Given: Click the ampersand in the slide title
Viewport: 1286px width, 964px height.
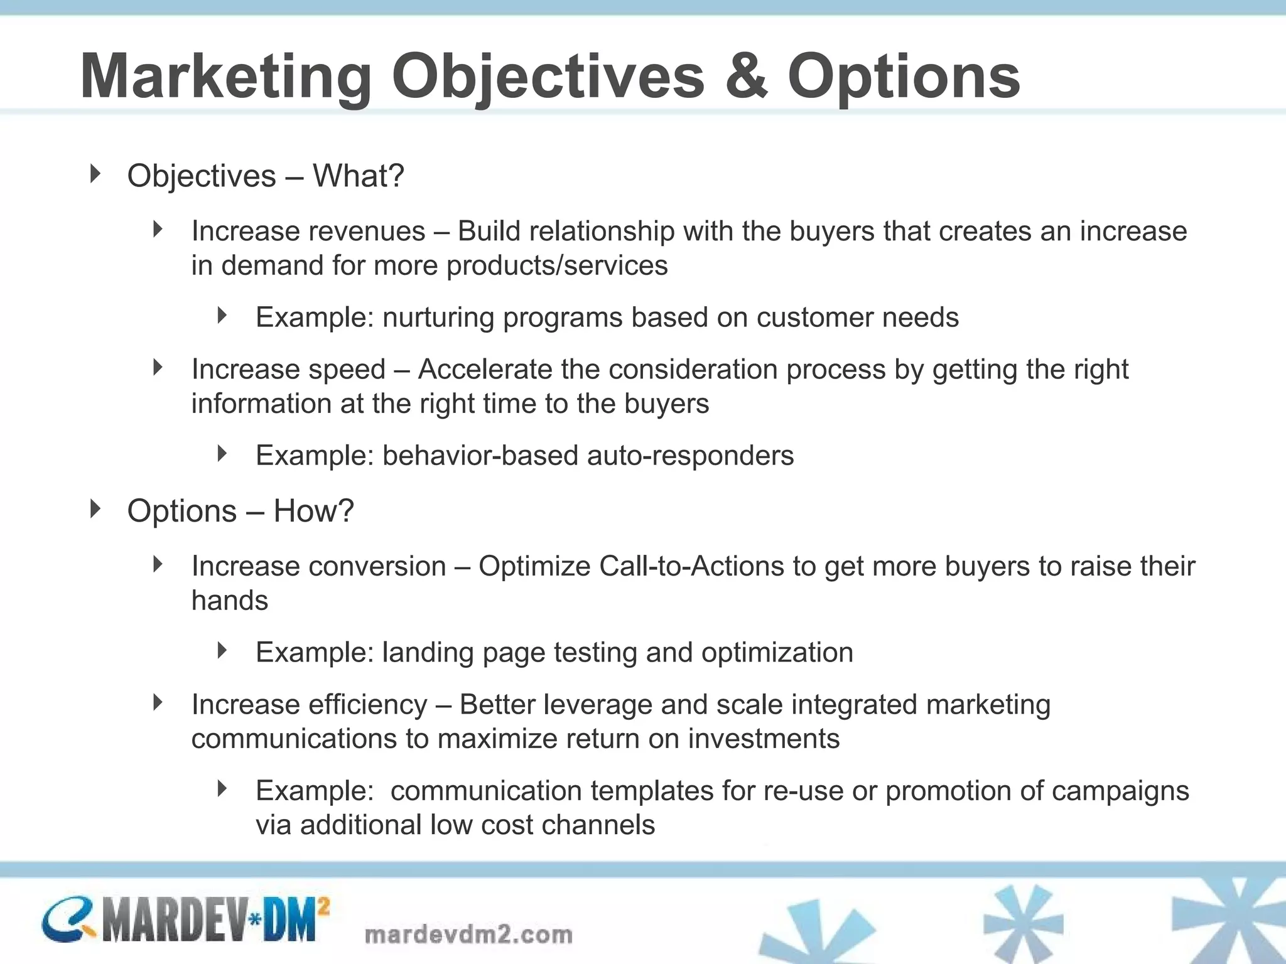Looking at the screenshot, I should click(x=746, y=77).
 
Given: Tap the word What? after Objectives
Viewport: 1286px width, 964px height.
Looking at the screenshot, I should click(x=359, y=176).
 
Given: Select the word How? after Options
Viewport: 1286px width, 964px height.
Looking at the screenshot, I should click(x=313, y=511).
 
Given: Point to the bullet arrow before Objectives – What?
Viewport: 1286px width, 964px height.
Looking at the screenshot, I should click(x=95, y=174).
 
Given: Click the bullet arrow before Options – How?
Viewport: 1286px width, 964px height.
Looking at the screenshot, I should click(x=95, y=509).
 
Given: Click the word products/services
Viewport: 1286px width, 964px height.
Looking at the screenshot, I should click(x=557, y=265).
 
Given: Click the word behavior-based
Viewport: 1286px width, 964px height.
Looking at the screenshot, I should click(x=480, y=456).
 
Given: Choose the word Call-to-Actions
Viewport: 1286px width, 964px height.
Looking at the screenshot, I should click(x=691, y=566).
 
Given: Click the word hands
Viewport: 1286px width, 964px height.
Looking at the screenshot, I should click(x=229, y=601).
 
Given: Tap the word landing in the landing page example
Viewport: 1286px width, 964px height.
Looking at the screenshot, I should click(x=428, y=653).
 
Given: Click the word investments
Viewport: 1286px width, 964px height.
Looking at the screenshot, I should click(x=764, y=739).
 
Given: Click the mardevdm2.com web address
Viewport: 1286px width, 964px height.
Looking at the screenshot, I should click(x=468, y=935).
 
